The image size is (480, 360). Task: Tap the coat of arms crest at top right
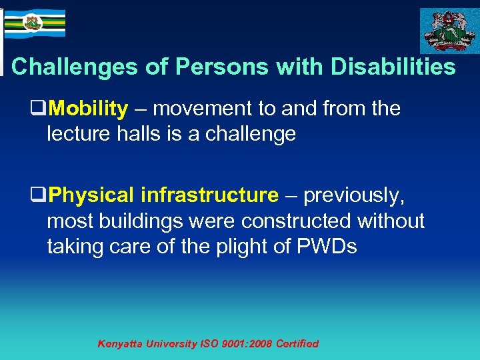click(x=448, y=30)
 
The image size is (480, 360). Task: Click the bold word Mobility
click(x=88, y=109)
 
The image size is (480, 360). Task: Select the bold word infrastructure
click(x=209, y=195)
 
